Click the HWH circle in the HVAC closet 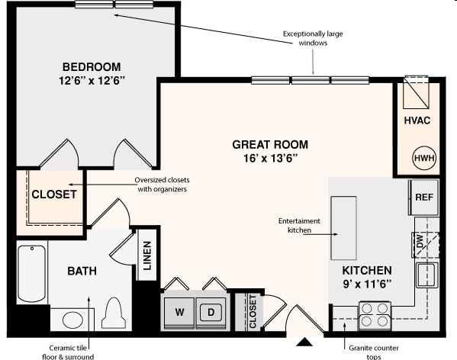(x=423, y=159)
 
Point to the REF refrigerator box (x=424, y=197)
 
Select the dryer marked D (x=211, y=312)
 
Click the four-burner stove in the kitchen (x=375, y=314)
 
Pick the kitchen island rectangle (x=343, y=228)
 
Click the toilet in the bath (x=113, y=313)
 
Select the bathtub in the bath (x=31, y=273)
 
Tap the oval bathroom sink (x=73, y=319)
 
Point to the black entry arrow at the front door (x=304, y=342)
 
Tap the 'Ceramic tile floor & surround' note (x=68, y=352)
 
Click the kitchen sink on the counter (x=426, y=275)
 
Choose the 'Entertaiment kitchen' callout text (x=299, y=225)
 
